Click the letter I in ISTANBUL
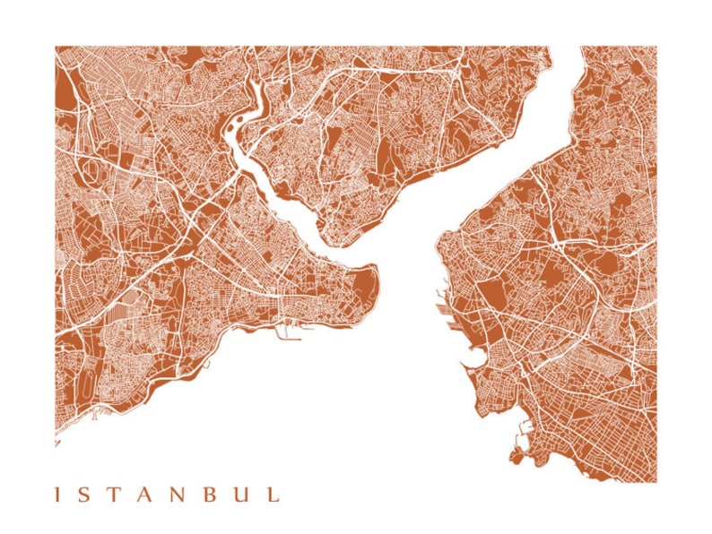pos(58,494)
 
